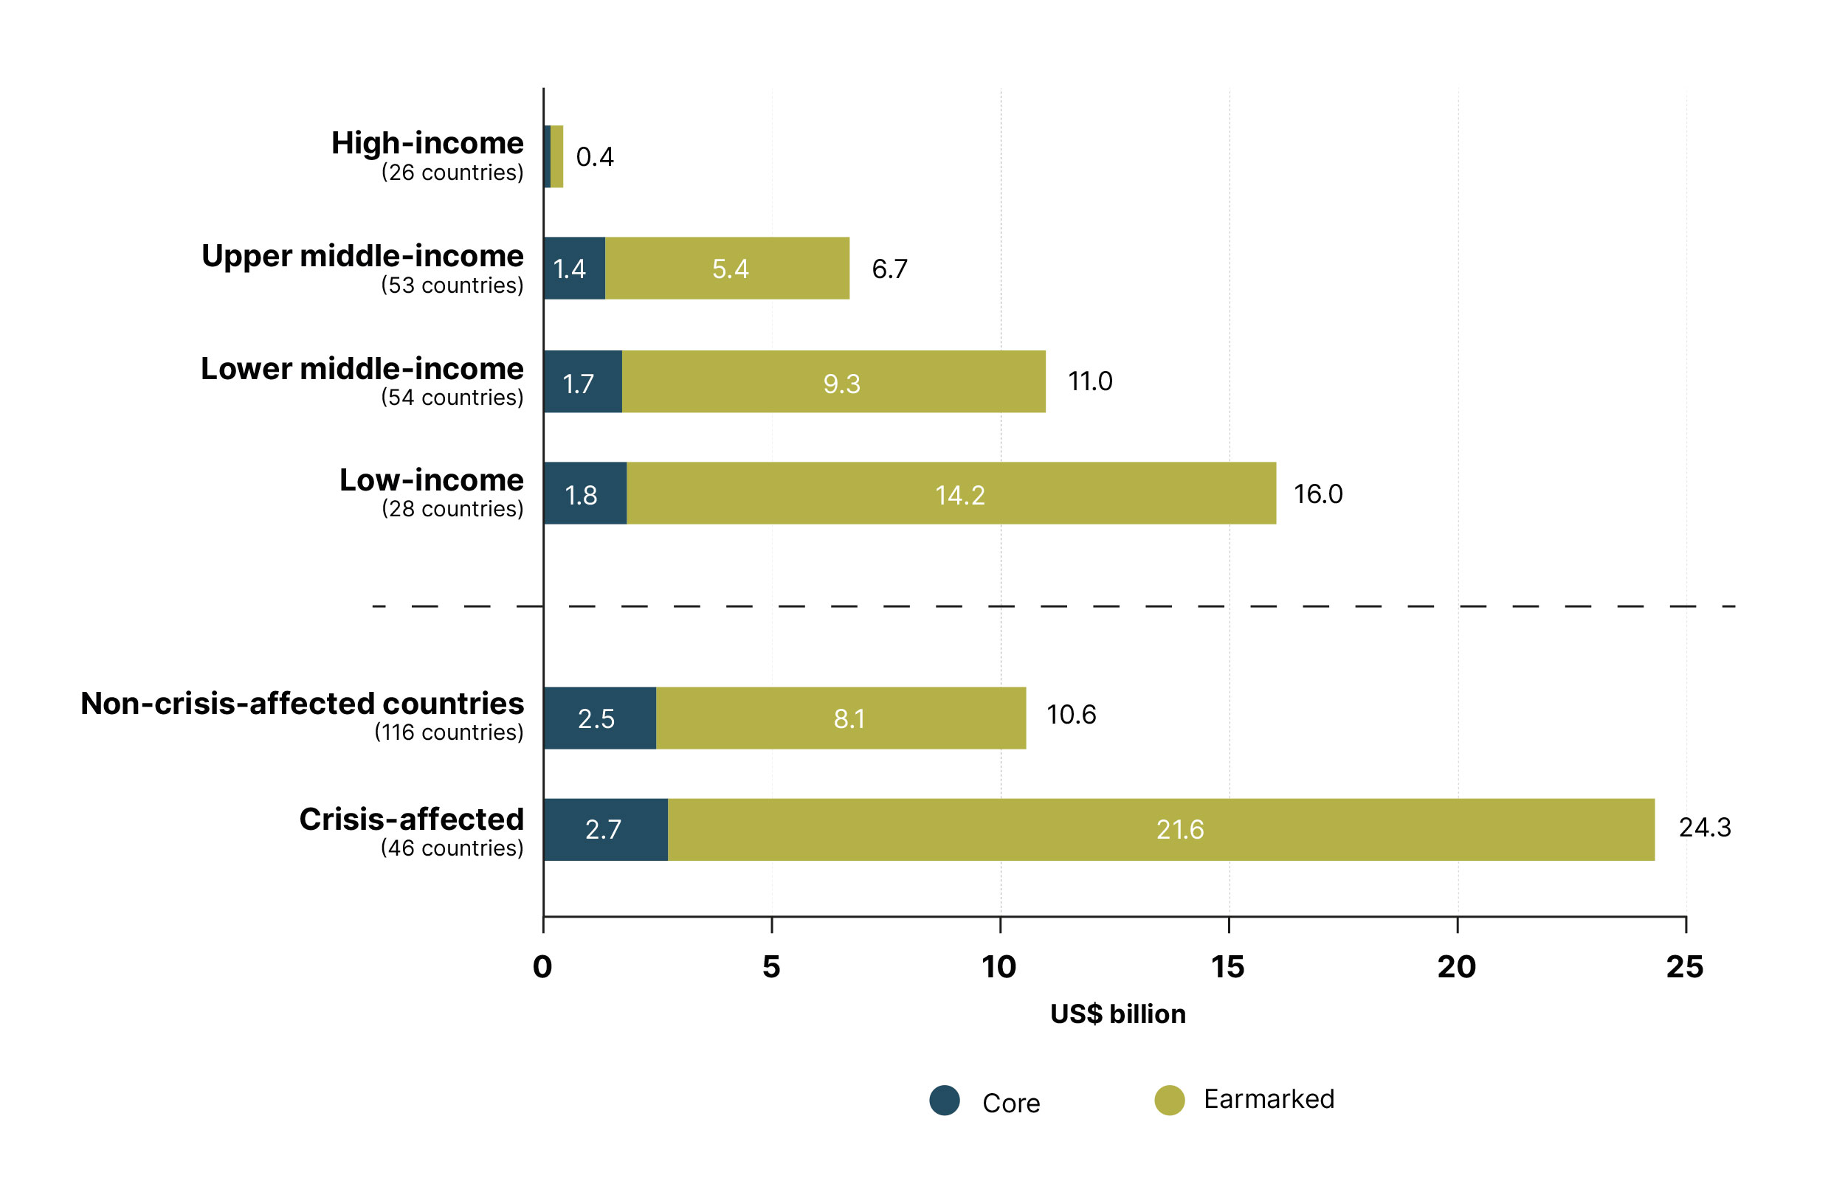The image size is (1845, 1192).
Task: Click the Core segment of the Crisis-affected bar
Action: pyautogui.click(x=604, y=829)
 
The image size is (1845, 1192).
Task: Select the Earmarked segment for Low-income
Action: pyautogui.click(x=951, y=493)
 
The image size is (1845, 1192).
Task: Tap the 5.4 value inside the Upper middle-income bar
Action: pyautogui.click(x=730, y=268)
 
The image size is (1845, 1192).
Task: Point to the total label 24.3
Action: pyautogui.click(x=1703, y=828)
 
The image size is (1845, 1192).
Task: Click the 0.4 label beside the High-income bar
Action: pyautogui.click(x=595, y=157)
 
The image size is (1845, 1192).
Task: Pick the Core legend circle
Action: pyautogui.click(x=944, y=1100)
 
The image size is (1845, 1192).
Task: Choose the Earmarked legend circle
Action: pyautogui.click(x=1168, y=1100)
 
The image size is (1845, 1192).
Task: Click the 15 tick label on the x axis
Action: pyautogui.click(x=1227, y=967)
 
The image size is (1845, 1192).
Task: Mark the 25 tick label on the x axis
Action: pyautogui.click(x=1684, y=967)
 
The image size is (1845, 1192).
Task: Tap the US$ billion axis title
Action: pyautogui.click(x=1117, y=1014)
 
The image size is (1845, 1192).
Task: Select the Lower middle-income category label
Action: pyautogui.click(x=362, y=368)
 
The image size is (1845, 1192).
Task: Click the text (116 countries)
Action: pyautogui.click(x=448, y=732)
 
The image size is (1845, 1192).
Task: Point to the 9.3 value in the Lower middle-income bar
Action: pyautogui.click(x=841, y=383)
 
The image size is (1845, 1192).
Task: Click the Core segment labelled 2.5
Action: pyautogui.click(x=599, y=718)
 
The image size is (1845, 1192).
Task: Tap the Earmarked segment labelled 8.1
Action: pyautogui.click(x=849, y=718)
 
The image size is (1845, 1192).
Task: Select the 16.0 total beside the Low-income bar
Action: pyautogui.click(x=1317, y=493)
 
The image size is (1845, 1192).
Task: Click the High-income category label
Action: pyautogui.click(x=427, y=143)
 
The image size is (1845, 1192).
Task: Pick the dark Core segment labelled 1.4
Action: pyautogui.click(x=573, y=268)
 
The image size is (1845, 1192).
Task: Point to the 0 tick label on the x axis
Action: pyautogui.click(x=542, y=967)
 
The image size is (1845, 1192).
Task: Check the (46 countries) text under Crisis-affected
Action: pyautogui.click(x=452, y=848)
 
